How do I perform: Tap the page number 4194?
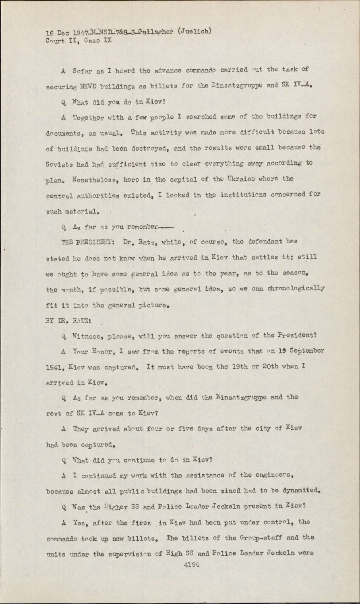click(192, 565)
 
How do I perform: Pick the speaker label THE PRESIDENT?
click(83, 242)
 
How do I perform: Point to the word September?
click(305, 351)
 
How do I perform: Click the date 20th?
click(266, 367)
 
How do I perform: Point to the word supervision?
click(131, 554)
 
